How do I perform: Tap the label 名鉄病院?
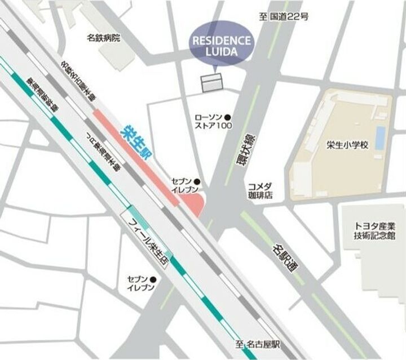(x=104, y=38)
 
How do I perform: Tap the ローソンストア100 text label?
(x=210, y=122)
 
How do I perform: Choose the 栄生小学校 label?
(x=347, y=145)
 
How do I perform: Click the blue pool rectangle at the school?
(x=381, y=137)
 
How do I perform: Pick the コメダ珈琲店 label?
(x=260, y=190)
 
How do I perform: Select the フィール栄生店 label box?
(x=148, y=238)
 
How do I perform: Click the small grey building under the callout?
(x=213, y=83)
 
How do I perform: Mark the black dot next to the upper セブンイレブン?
(x=197, y=181)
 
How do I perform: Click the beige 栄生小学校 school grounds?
(x=338, y=169)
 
